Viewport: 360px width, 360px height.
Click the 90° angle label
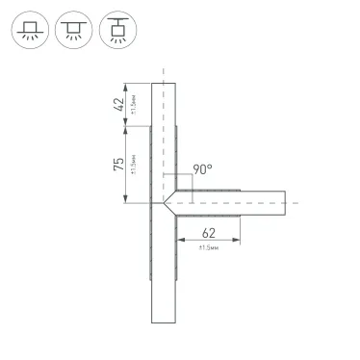[x=201, y=168]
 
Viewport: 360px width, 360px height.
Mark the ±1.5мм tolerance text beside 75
[x=132, y=165]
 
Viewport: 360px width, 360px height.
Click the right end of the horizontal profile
[x=286, y=203]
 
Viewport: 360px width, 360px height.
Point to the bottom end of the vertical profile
[x=165, y=322]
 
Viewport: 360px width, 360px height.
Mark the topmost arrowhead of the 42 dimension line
[x=125, y=88]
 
